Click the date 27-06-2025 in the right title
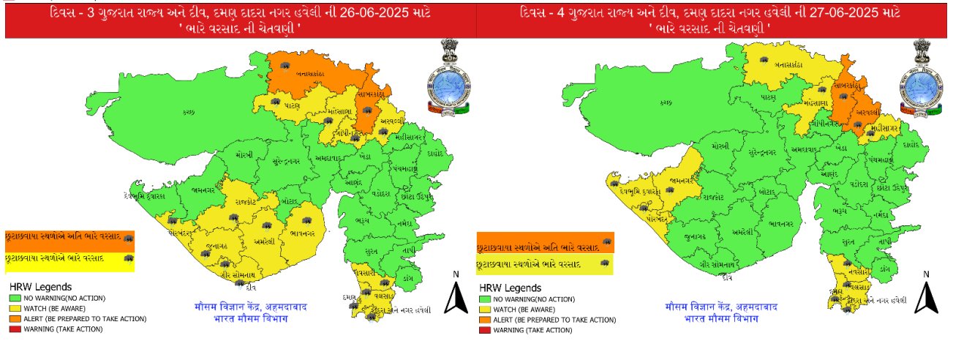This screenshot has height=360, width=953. [x=851, y=13]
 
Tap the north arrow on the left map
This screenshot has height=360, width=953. [x=456, y=296]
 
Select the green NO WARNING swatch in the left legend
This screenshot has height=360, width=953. [x=15, y=299]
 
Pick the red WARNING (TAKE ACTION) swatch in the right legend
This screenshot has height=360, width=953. [x=484, y=331]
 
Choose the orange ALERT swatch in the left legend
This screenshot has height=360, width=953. [x=15, y=319]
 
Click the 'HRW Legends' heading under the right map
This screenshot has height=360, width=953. [x=510, y=288]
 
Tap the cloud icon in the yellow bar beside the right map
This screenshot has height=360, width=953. [x=604, y=263]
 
